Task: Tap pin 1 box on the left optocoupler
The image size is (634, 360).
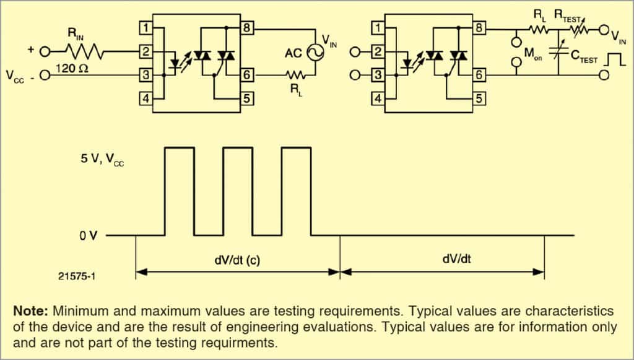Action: click(x=144, y=29)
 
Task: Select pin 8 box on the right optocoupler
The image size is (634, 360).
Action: click(x=479, y=29)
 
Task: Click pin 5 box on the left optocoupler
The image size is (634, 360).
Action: click(x=247, y=98)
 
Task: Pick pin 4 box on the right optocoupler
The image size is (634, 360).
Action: click(x=376, y=98)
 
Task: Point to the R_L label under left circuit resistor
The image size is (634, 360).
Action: click(x=295, y=89)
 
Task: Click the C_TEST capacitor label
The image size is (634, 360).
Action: click(x=583, y=59)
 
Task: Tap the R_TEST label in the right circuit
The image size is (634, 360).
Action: click(x=568, y=14)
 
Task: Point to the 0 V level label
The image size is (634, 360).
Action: click(x=88, y=236)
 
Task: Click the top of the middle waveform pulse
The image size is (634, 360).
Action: click(x=238, y=147)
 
